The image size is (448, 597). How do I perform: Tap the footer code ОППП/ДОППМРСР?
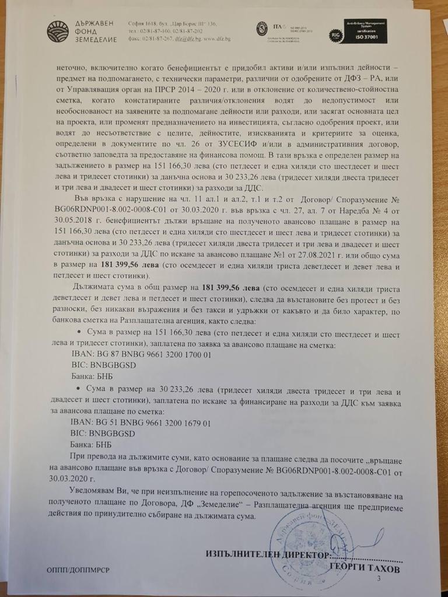point(78,568)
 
